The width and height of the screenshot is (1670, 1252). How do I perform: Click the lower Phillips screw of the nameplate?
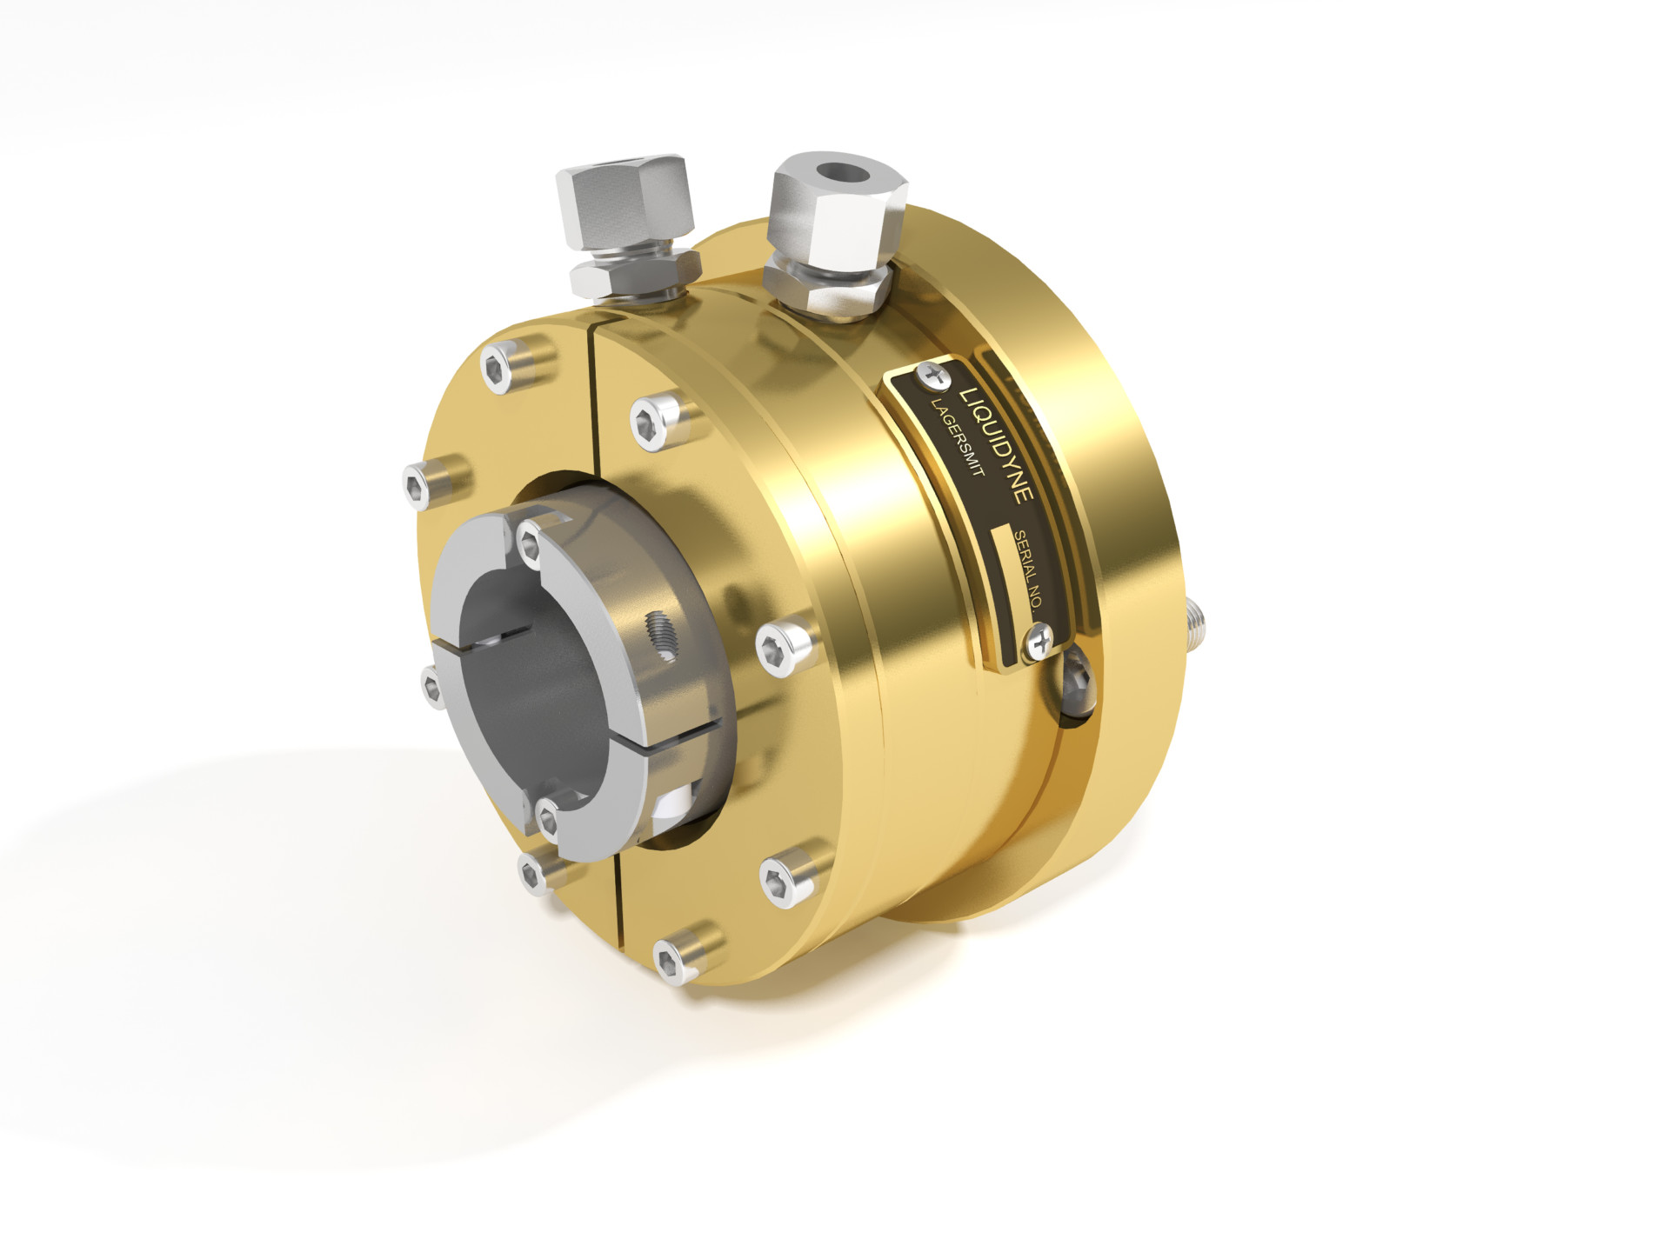click(1039, 643)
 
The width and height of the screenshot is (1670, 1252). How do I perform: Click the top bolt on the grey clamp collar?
click(530, 540)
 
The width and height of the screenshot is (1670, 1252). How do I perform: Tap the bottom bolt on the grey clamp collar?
click(548, 816)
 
